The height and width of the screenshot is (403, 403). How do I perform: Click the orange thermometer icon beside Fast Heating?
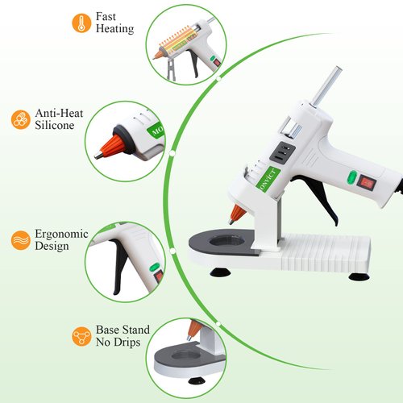(x=81, y=23)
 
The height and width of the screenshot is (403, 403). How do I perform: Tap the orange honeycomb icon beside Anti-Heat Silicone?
(x=19, y=120)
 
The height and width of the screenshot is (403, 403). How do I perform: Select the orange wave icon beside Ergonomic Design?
(x=19, y=239)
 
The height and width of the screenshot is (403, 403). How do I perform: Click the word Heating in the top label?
(x=115, y=29)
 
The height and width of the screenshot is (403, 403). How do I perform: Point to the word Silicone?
(x=55, y=127)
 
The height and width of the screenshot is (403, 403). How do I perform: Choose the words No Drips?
(x=118, y=342)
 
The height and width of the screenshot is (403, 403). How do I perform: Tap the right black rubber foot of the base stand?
(x=359, y=276)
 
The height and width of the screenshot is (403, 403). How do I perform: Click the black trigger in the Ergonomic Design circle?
(x=118, y=266)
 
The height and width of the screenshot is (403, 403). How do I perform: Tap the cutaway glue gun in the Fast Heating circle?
(x=177, y=42)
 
